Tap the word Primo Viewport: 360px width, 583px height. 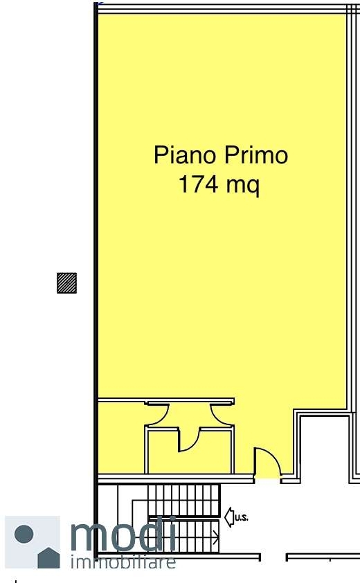[256, 154]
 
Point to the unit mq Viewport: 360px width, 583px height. [243, 186]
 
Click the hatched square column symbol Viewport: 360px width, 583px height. [67, 283]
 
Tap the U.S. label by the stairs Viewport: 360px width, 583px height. [242, 517]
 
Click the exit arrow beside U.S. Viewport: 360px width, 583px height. [229, 517]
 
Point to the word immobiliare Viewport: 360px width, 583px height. [123, 562]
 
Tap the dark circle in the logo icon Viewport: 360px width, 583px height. [24, 534]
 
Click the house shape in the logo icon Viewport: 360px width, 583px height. [48, 557]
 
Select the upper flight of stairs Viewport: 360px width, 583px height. [184, 499]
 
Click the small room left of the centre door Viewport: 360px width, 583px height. [163, 452]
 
